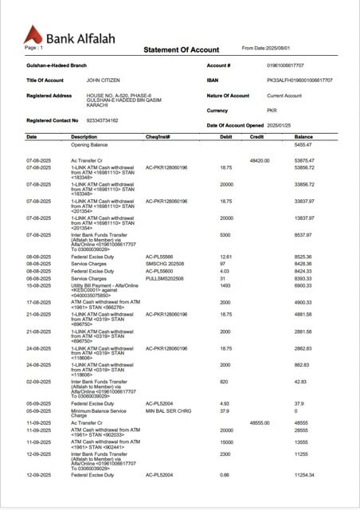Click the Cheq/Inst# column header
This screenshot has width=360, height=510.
tap(158, 137)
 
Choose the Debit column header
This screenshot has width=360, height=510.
tap(225, 137)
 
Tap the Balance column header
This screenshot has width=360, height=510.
tap(303, 137)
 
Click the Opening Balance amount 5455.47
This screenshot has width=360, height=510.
tap(303, 145)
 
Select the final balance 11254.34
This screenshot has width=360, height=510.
tap(304, 475)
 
